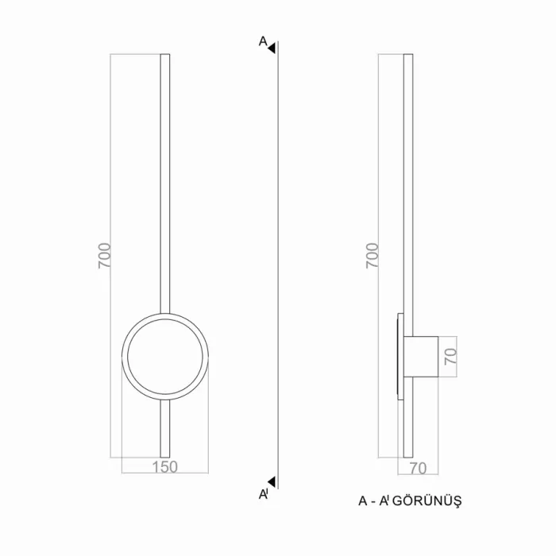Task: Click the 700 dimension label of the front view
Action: [104, 255]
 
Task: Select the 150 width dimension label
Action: [164, 467]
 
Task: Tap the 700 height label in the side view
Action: [372, 255]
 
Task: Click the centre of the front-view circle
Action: [165, 354]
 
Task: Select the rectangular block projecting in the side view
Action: [422, 354]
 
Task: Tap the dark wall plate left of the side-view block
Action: [400, 354]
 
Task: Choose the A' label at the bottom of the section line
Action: [264, 494]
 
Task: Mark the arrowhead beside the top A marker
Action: [272, 48]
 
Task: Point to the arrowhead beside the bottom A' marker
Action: [272, 481]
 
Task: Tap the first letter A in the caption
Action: [363, 501]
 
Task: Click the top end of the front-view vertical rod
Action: [165, 56]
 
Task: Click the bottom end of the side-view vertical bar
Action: [408, 455]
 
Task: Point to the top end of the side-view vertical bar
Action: [408, 56]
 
